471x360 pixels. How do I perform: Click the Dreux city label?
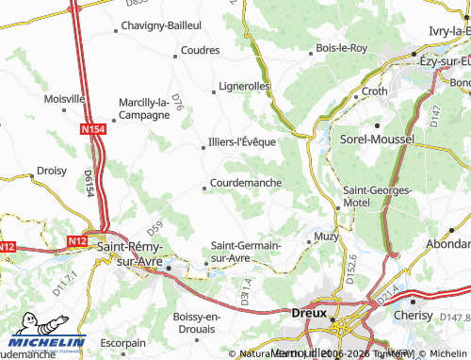point(308,313)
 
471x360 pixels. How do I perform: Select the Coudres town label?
point(200,50)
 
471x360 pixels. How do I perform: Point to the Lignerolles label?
point(244,86)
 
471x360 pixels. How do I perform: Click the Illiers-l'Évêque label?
point(241,142)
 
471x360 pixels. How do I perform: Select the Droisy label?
point(51,171)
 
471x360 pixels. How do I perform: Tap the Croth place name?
point(375,91)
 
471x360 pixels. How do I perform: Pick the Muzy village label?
point(325,235)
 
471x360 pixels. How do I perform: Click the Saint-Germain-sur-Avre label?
point(246,251)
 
